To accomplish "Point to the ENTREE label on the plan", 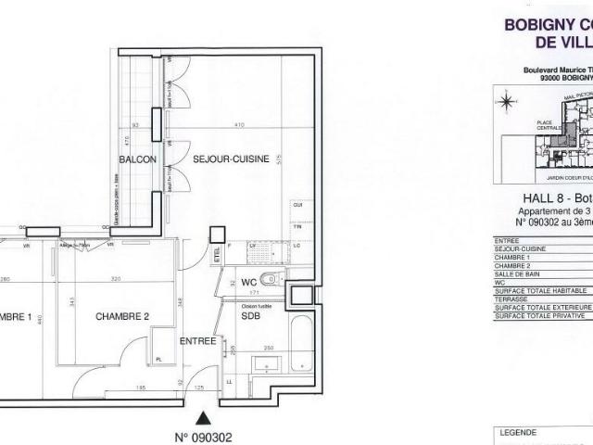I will pyautogui.click(x=197, y=341).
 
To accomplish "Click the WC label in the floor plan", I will pyautogui.click(x=248, y=281).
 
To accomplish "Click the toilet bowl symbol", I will pyautogui.click(x=269, y=280).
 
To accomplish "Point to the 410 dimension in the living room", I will pyautogui.click(x=237, y=124).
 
